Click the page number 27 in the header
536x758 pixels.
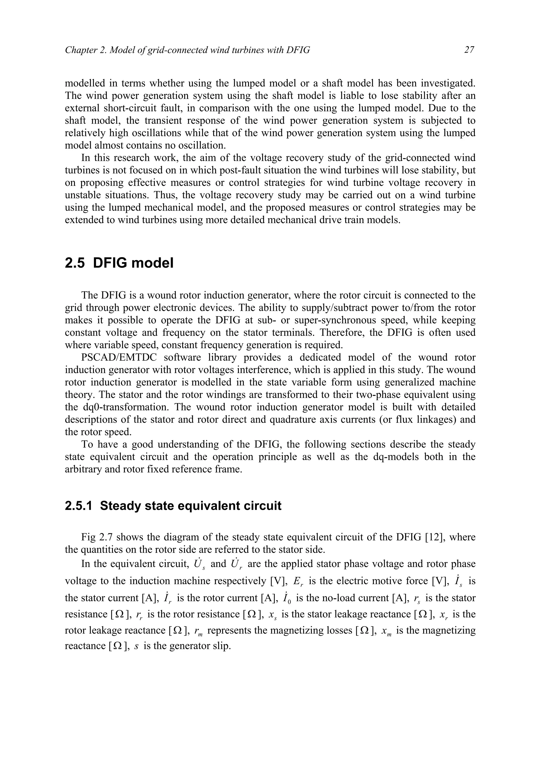(x=469, y=50)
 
